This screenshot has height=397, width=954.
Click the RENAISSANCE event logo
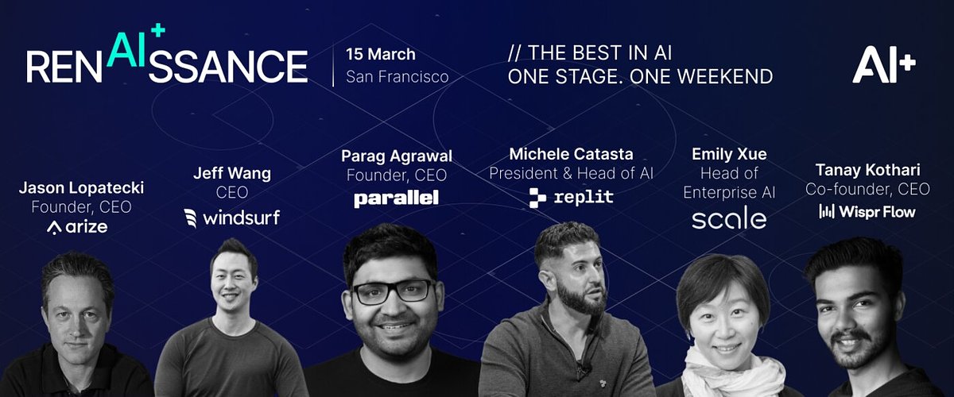pos(167,60)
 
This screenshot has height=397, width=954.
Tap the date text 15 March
pos(381,55)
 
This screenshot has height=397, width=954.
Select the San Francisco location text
pos(397,77)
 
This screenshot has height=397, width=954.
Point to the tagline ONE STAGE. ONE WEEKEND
pos(640,77)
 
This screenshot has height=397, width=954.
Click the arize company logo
pos(77,227)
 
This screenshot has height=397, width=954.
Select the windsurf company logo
pos(231,217)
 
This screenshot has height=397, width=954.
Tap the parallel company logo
pos(396,198)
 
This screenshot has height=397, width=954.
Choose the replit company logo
pos(571,197)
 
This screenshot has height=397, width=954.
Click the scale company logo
pos(729,219)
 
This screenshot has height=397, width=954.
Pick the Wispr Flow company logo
pos(867,211)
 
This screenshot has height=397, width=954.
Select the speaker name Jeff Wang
pos(231,173)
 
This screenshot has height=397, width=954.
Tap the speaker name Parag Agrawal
pos(396,155)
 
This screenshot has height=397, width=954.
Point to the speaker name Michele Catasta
pos(571,153)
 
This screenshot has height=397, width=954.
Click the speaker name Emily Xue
pos(729,154)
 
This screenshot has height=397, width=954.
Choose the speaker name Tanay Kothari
pos(867,169)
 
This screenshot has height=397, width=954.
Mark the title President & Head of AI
pos(571,173)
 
